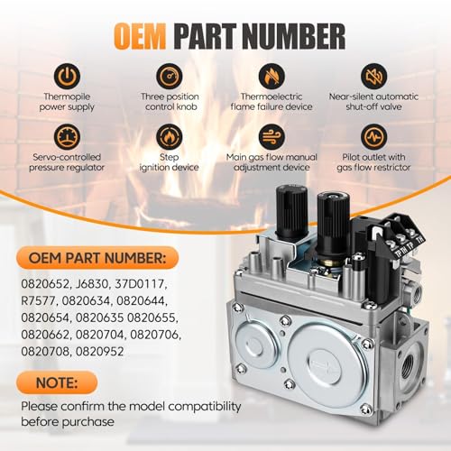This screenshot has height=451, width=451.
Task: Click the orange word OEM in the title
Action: click(x=140, y=37)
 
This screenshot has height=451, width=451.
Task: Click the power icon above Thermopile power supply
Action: click(x=67, y=76)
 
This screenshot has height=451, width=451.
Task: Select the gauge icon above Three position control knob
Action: click(x=170, y=76)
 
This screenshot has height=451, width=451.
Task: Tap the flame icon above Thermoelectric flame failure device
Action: click(x=272, y=76)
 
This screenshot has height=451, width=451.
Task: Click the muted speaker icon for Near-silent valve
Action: click(x=373, y=76)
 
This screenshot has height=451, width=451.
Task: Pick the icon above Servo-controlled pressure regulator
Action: click(x=67, y=137)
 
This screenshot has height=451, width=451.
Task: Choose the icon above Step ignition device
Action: click(x=170, y=137)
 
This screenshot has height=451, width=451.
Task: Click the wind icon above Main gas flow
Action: click(x=272, y=137)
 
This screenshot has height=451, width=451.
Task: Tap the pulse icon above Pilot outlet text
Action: click(x=373, y=137)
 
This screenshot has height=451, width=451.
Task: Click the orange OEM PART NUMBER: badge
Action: click(x=97, y=258)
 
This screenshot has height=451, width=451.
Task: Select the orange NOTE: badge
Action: click(x=57, y=382)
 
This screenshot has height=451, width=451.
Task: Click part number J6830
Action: click(x=91, y=284)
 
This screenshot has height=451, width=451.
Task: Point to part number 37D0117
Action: click(x=141, y=284)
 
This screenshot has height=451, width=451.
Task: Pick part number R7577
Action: click(x=38, y=301)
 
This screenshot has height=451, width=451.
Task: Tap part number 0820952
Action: click(x=99, y=352)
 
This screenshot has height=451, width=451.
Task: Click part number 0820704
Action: click(x=99, y=335)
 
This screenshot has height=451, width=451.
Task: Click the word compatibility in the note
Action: click(x=204, y=407)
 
